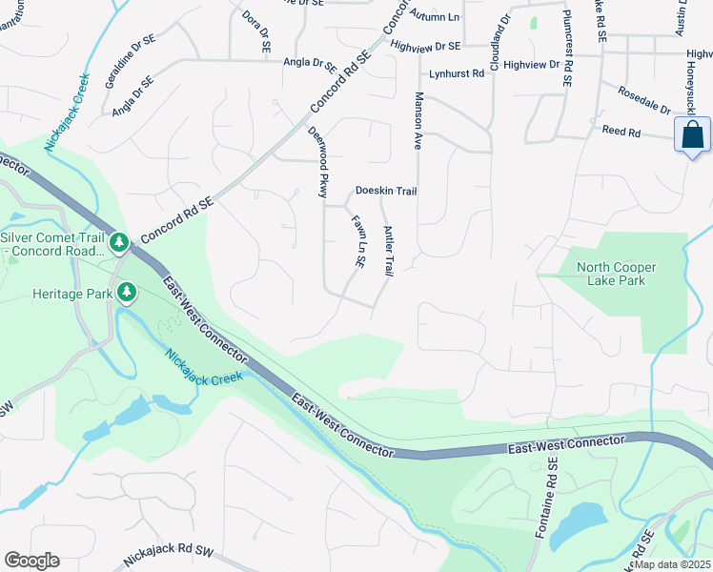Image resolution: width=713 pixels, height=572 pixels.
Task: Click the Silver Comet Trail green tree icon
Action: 119,243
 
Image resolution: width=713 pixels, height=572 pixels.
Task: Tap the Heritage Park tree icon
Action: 124,292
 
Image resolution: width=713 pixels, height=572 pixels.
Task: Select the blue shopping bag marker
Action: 692,135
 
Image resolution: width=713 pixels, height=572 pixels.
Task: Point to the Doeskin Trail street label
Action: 386,192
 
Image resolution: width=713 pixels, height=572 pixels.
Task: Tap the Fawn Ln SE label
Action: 358,240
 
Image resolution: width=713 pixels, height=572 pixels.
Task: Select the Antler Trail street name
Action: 388,251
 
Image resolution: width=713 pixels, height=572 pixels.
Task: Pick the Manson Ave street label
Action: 418,120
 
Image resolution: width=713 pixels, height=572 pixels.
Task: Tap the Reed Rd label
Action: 620,131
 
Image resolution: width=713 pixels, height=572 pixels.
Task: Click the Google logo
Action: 31,561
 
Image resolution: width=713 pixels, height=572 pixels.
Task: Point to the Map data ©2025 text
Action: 672,564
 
